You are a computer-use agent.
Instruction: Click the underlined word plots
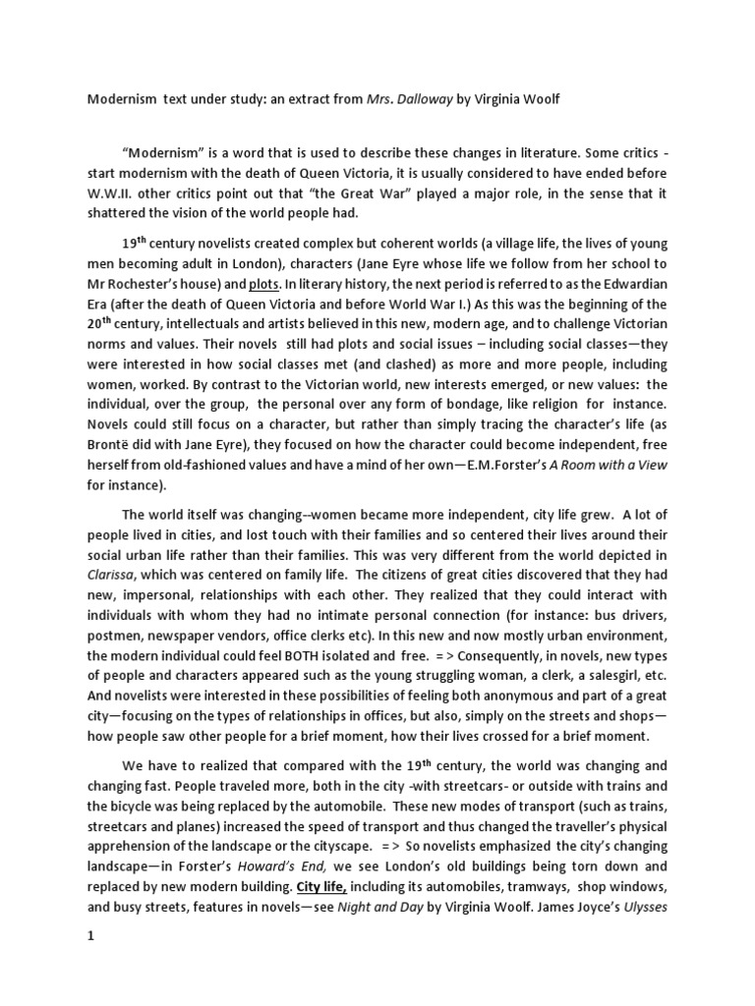pos(264,283)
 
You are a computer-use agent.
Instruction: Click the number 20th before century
pos(99,327)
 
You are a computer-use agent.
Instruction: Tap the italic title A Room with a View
pos(610,465)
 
